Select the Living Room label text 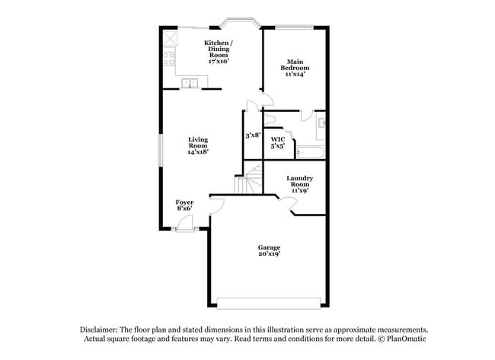click(198, 145)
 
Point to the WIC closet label click(278, 142)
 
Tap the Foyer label click(184, 205)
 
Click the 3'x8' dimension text click(253, 135)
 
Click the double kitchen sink click(190, 82)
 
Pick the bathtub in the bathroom click(311, 153)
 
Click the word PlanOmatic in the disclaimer click(405, 339)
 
